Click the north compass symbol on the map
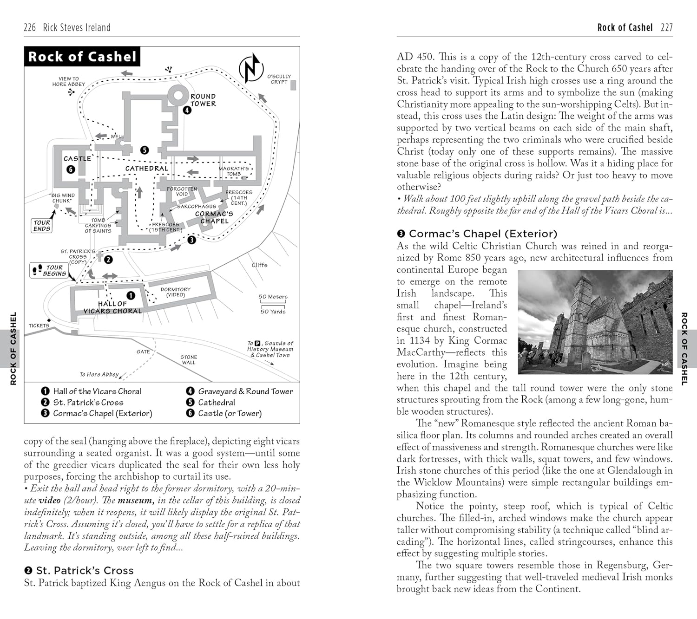point(251,68)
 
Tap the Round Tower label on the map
point(203,100)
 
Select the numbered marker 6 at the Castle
point(71,169)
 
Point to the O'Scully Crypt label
point(279,79)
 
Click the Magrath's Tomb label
point(234,171)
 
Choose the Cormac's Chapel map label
point(214,217)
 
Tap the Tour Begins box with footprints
point(49,270)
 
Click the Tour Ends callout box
point(42,226)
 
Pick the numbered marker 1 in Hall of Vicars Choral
point(131,295)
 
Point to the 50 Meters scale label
point(273,297)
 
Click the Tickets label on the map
point(39,326)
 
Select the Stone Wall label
point(189,360)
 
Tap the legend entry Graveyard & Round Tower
point(245,391)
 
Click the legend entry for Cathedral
point(216,403)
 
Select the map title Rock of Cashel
point(82,57)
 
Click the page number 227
point(666,27)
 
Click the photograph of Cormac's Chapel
point(595,322)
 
